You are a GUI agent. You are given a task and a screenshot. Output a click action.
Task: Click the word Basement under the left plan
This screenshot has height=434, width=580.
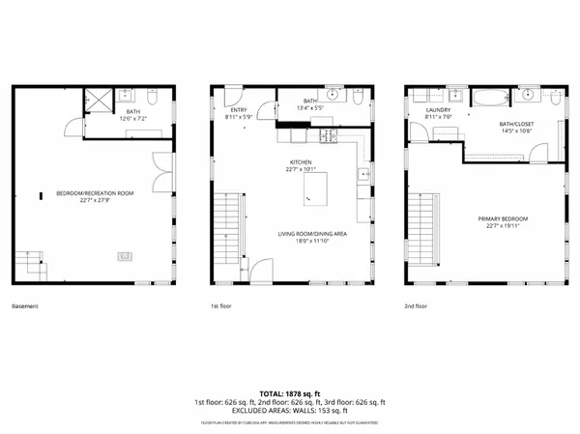coord(26,306)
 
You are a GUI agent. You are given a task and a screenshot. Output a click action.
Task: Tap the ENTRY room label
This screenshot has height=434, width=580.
coord(237,110)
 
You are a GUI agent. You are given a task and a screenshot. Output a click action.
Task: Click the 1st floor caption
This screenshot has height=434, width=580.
coord(221,306)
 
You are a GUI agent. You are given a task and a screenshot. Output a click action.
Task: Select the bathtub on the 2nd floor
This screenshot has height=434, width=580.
coord(490,97)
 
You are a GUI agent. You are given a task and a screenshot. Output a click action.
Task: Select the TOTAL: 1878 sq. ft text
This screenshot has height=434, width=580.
coord(290,392)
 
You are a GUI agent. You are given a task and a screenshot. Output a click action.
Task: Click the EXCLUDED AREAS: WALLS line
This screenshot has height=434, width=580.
coord(290,411)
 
